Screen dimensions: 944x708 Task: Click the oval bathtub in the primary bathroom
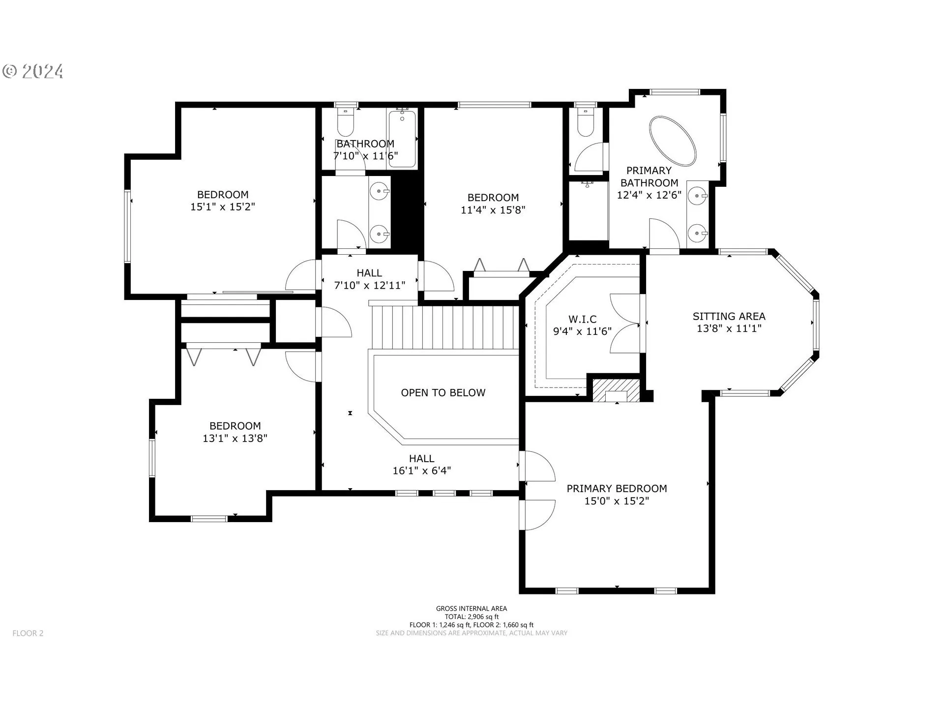tap(673, 141)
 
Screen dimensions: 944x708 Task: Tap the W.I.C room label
tap(583, 319)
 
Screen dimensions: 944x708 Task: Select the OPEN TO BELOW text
tap(443, 392)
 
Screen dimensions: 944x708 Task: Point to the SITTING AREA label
tap(729, 316)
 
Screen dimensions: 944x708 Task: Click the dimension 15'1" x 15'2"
tap(223, 206)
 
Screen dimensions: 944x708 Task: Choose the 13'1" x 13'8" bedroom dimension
tap(235, 438)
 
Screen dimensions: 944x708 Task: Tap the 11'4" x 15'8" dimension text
tap(493, 210)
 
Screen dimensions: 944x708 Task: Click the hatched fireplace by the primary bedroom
tap(616, 390)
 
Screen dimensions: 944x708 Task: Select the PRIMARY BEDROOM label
tap(617, 488)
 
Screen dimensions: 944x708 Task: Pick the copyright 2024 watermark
tap(33, 72)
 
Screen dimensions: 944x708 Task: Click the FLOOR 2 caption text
tap(28, 633)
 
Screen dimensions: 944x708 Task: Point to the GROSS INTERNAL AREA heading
tap(472, 609)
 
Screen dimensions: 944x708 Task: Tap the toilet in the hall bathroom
tap(346, 120)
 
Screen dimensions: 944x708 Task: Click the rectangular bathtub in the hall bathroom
tap(402, 139)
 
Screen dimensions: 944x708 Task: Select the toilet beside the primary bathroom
tap(585, 121)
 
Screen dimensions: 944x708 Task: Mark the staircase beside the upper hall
tap(444, 326)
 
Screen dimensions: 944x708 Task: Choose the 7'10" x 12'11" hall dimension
tap(370, 285)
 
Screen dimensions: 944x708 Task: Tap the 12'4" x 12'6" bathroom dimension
tap(649, 195)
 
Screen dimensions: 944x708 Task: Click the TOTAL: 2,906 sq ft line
tap(472, 617)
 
